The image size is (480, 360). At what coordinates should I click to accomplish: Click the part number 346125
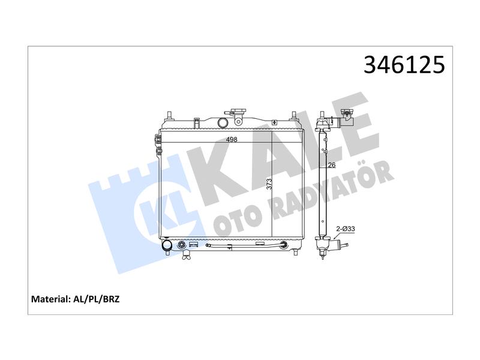(404, 65)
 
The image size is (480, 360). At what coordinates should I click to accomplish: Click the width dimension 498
(232, 140)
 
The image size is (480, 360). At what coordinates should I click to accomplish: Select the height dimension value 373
(269, 184)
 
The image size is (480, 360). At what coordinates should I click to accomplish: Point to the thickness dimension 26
(332, 165)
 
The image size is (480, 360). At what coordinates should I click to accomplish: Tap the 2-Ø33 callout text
(346, 229)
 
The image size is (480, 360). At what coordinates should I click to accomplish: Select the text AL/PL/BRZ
(97, 299)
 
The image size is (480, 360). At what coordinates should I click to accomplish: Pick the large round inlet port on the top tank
(223, 123)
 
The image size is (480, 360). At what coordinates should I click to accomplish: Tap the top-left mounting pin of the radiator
(169, 115)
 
